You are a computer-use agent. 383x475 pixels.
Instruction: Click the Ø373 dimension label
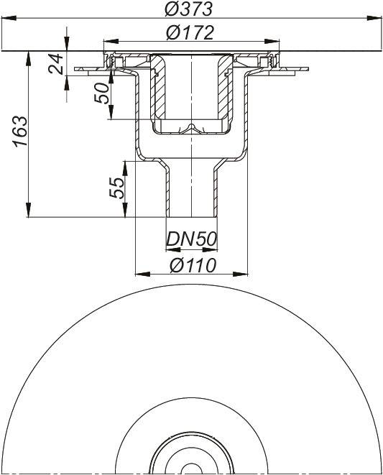point(192,9)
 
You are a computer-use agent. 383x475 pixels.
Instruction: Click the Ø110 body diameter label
point(193,264)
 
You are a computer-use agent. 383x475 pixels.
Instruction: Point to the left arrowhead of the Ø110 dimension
point(139,274)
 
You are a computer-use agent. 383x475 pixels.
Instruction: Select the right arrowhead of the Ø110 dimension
point(245,274)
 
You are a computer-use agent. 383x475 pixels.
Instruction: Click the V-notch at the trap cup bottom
point(192,129)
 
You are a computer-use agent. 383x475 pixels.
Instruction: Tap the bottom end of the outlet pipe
point(192,216)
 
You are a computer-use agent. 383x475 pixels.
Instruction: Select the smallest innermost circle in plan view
point(192,469)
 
